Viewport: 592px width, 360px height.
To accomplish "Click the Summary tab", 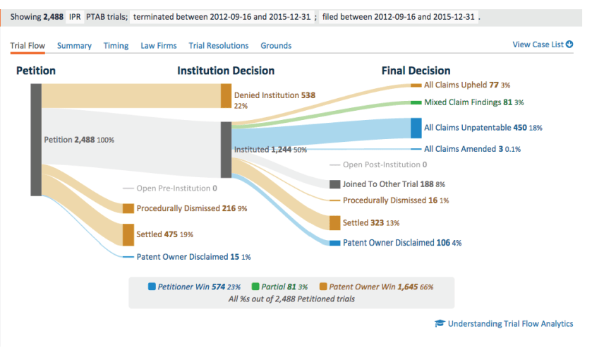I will (74, 46).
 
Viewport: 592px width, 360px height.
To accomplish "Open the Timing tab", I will (116, 46).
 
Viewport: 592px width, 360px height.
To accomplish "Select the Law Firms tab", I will (158, 46).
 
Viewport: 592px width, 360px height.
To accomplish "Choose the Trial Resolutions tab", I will (218, 46).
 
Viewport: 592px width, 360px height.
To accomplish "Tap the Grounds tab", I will (276, 46).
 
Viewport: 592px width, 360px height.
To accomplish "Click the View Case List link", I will (542, 44).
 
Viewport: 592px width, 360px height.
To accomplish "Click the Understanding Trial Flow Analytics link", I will (510, 324).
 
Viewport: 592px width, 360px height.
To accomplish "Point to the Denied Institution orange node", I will (226, 95).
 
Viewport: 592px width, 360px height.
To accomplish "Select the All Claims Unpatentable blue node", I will (416, 128).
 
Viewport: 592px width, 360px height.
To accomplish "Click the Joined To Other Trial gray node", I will (335, 184).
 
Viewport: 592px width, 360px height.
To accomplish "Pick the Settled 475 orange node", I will (128, 234).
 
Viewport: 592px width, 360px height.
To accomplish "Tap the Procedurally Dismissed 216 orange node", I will (128, 208).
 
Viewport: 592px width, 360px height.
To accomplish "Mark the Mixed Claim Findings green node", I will (416, 102).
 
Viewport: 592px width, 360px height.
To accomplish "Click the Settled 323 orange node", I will (335, 222).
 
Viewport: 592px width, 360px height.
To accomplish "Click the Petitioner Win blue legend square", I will (152, 287).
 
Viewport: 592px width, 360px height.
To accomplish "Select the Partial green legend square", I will (255, 287).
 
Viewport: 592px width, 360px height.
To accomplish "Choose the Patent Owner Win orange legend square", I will (323, 287).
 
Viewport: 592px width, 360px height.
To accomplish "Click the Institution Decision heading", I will (226, 71).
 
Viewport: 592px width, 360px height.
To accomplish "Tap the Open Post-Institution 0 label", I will (385, 165).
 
